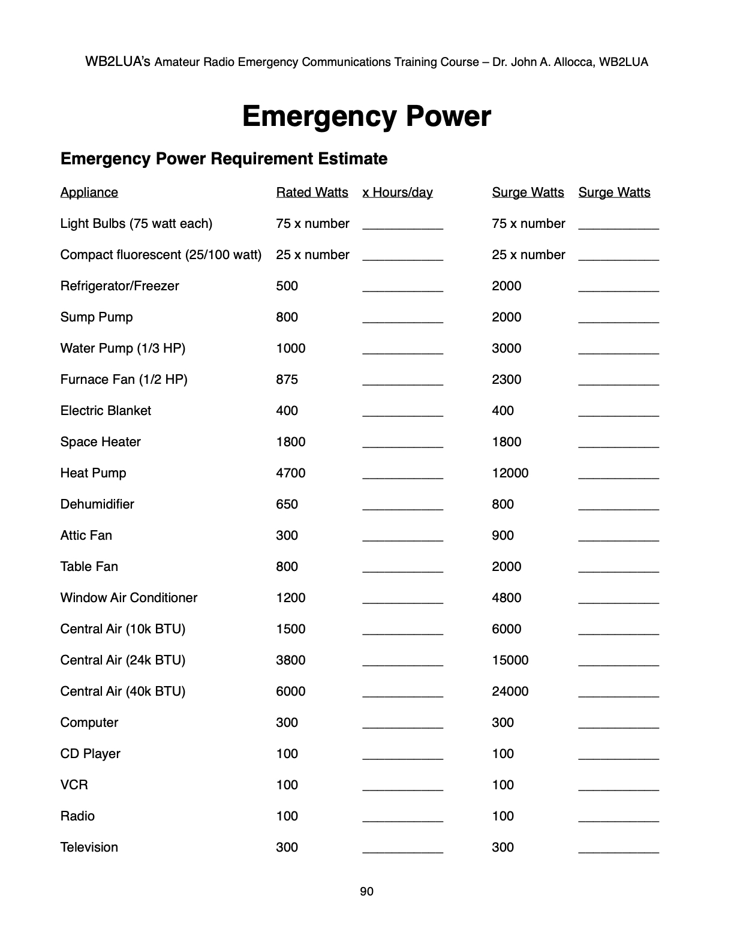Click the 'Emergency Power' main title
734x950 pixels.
click(366, 116)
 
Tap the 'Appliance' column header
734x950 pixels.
click(89, 193)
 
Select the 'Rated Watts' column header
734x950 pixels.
click(312, 193)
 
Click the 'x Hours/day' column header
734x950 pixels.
click(397, 193)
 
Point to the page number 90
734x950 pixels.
click(366, 892)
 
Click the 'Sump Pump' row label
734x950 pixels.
click(97, 317)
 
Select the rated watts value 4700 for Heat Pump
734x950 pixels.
click(291, 473)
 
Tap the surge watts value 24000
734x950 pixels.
click(510, 692)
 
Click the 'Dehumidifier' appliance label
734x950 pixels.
click(97, 504)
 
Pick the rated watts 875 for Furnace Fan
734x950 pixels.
click(287, 380)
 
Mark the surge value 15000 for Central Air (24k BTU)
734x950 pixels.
click(510, 660)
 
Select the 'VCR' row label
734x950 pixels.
click(74, 785)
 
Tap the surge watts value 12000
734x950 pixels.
click(510, 473)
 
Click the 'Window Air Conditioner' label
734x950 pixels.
click(129, 598)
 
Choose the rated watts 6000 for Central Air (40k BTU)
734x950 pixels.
click(291, 692)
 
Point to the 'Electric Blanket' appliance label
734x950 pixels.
click(106, 411)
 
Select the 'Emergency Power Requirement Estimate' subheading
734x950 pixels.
click(224, 159)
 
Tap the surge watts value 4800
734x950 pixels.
click(507, 598)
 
